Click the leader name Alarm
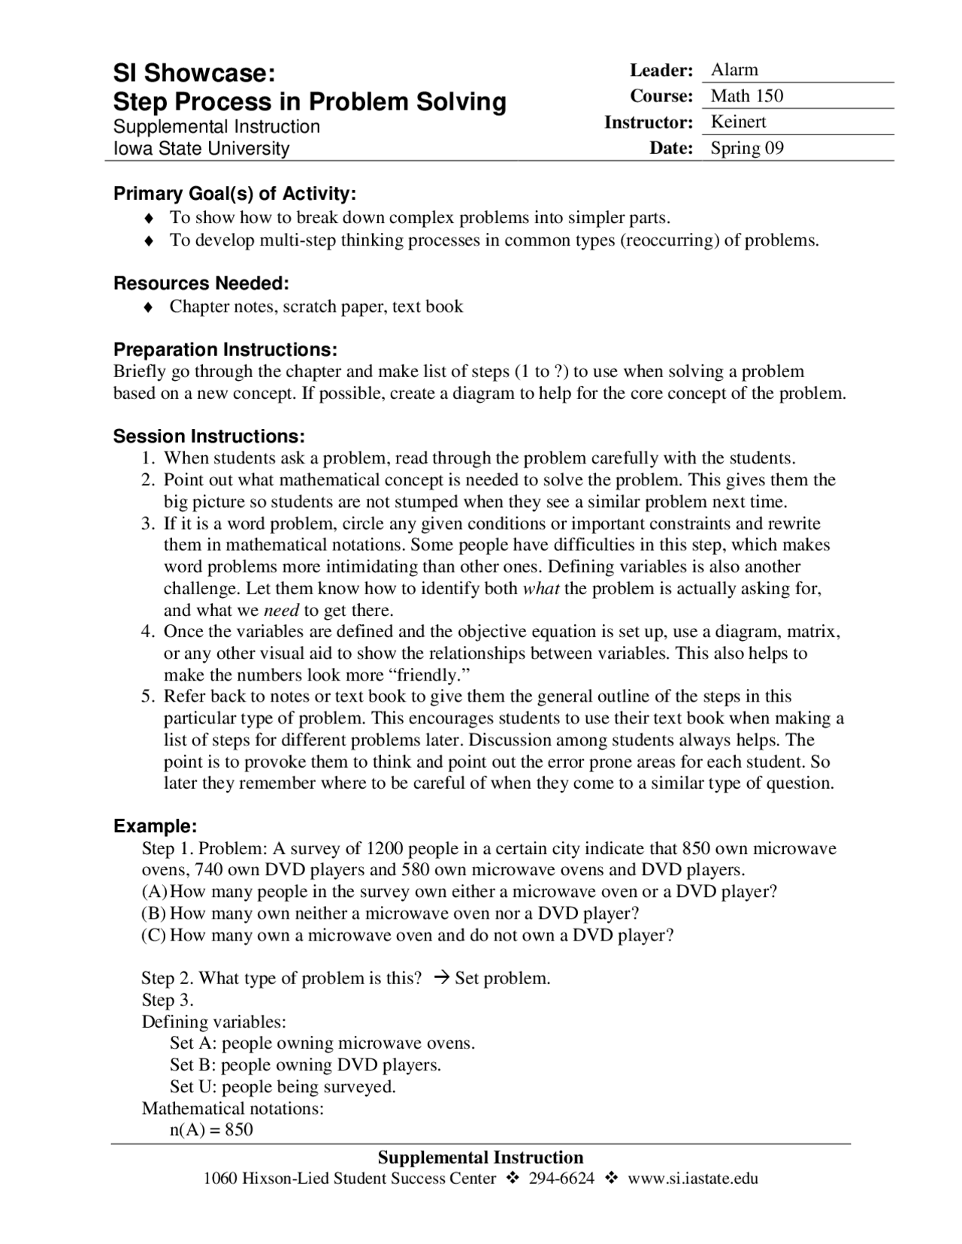pos(734,70)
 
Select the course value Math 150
pos(746,95)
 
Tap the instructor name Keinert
pos(738,122)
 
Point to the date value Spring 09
pos(746,148)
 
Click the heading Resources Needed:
pos(201,283)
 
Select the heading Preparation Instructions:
pos(225,349)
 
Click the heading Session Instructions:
pos(209,436)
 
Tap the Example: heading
pos(155,826)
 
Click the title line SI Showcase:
pos(194,74)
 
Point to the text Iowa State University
pos(201,149)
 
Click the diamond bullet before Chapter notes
pos(149,307)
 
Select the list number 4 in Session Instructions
pos(147,632)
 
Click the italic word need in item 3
pos(282,610)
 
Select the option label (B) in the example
pos(153,913)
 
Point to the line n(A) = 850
pos(211,1130)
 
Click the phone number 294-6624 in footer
pos(561,1178)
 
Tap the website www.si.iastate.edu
pos(692,1178)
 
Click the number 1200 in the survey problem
pos(385,849)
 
